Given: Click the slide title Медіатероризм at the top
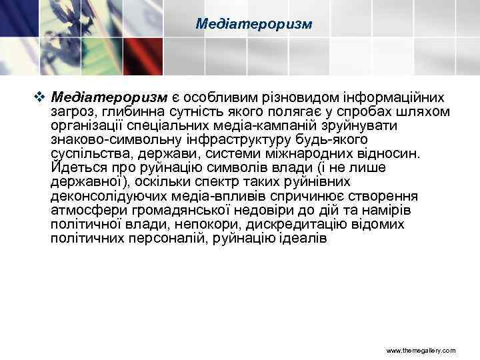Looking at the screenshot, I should pyautogui.click(x=254, y=24).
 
